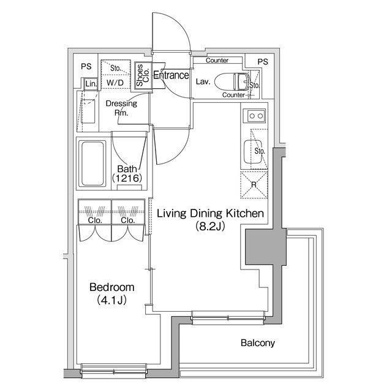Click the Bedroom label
point(111,287)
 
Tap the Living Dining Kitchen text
point(210,214)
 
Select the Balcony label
point(258,343)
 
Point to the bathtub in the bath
point(92,164)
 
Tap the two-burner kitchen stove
point(256,116)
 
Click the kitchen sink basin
point(253,152)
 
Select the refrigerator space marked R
point(254,185)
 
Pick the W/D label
point(115,83)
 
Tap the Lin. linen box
point(91,84)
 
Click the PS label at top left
point(86,66)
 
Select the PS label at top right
point(263,61)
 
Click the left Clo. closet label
point(95,221)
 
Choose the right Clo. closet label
point(128,221)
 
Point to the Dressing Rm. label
point(121,108)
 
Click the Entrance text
point(171,75)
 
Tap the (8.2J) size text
point(210,226)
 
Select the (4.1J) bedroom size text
point(111,300)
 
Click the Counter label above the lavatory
point(217,60)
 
